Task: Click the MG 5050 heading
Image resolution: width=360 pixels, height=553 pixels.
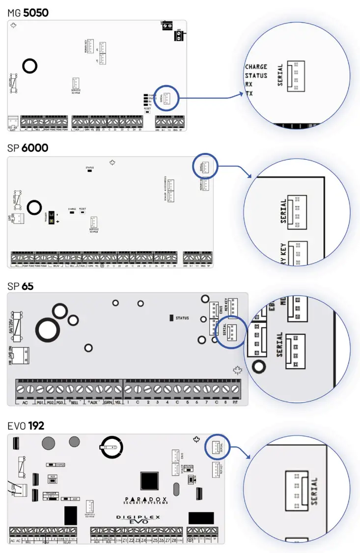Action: (28, 13)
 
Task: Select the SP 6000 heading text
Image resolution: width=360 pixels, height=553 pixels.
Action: (28, 147)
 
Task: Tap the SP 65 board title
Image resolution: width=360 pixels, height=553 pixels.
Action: (21, 285)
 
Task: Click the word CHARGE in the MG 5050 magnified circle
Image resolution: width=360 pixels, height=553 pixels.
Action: (256, 67)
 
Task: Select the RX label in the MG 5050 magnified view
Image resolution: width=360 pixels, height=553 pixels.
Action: (249, 84)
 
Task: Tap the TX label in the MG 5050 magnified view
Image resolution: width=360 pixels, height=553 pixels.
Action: (249, 93)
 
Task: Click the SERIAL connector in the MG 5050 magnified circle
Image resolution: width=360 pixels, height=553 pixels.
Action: (296, 76)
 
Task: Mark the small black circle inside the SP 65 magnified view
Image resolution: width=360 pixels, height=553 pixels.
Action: (259, 367)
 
